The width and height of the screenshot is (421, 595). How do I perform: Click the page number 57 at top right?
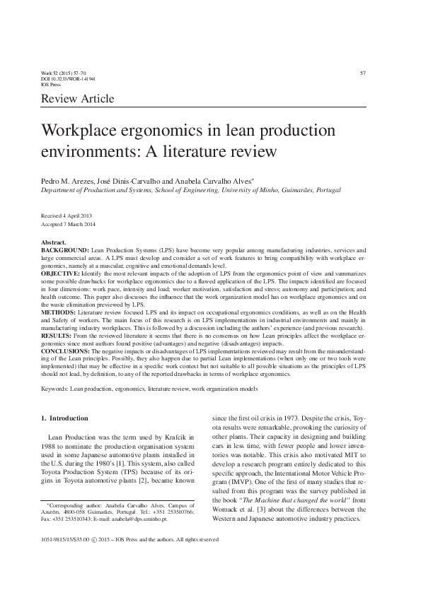(x=362, y=73)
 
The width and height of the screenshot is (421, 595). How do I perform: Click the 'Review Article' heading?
(x=78, y=100)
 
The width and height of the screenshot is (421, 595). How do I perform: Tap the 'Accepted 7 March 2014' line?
(x=69, y=223)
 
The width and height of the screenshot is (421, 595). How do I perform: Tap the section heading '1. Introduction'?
(x=65, y=418)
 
